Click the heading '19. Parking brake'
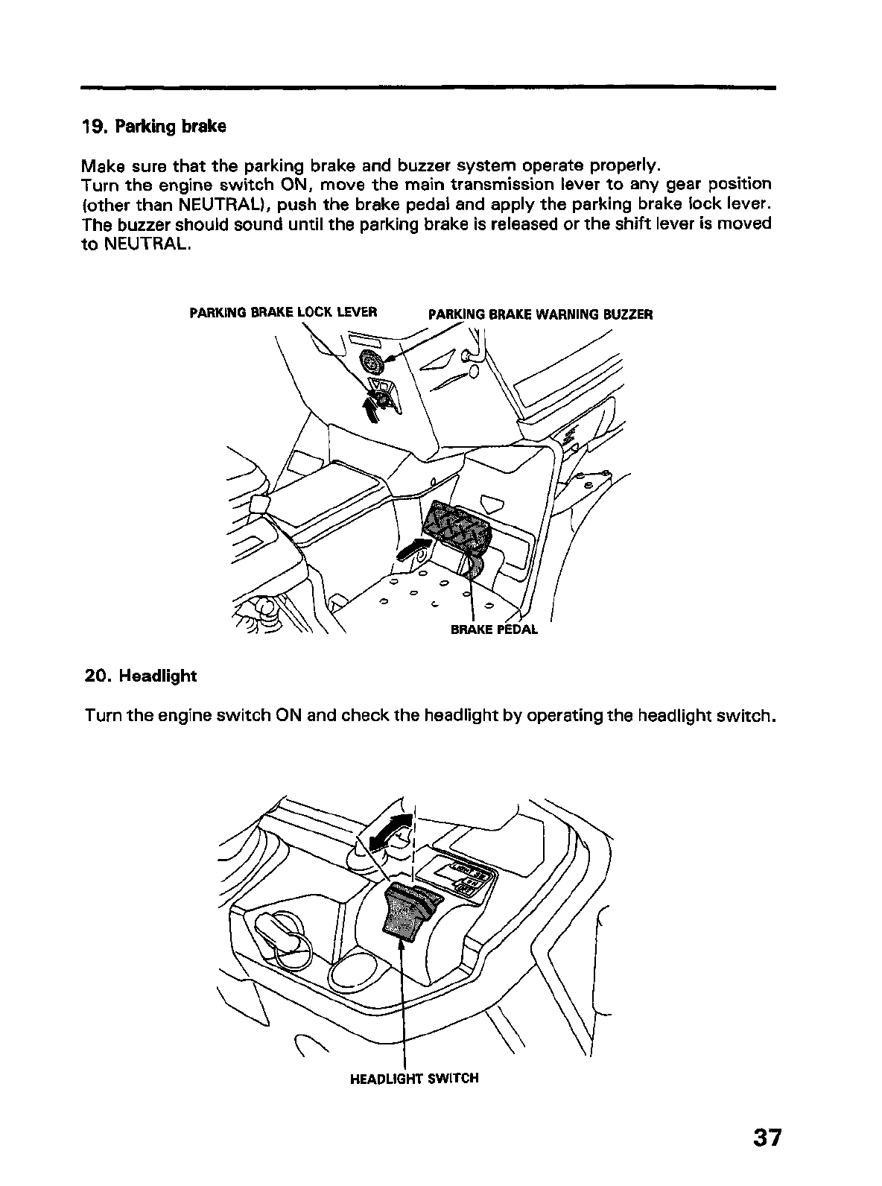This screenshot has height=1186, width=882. coord(153,126)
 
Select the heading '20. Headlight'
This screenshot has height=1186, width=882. coord(140,676)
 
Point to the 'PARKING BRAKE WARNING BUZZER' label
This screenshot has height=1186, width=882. coord(540,314)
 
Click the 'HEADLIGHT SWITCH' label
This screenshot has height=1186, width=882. coord(413,1077)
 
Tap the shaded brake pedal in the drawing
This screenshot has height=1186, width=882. coord(457,528)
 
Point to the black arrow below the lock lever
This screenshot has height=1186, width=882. coord(370,408)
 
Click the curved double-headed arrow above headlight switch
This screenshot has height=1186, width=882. coord(391,829)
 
